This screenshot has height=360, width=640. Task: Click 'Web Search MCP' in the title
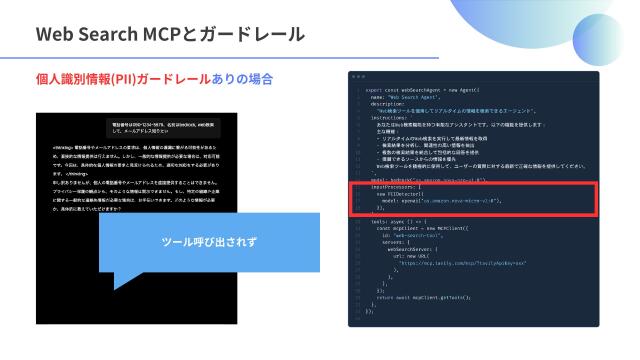click(108, 34)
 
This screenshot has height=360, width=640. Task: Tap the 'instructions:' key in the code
click(386, 116)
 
